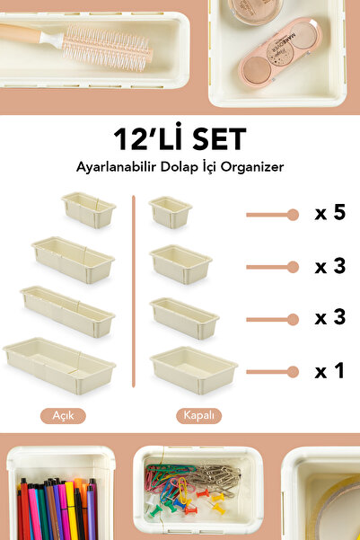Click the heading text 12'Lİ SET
[x=180, y=140]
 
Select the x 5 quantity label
[x=329, y=214]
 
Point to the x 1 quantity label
[x=329, y=370]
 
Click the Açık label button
[x=63, y=416]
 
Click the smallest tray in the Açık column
[x=89, y=210]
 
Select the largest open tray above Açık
[x=59, y=365]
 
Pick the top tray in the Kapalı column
[x=171, y=212]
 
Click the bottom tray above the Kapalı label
[x=193, y=367]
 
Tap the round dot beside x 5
[x=292, y=215]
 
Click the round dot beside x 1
[x=292, y=370]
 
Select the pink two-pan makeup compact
[x=282, y=52]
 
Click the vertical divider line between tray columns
[x=133, y=296]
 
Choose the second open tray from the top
[x=74, y=259]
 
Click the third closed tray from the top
[x=184, y=316]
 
